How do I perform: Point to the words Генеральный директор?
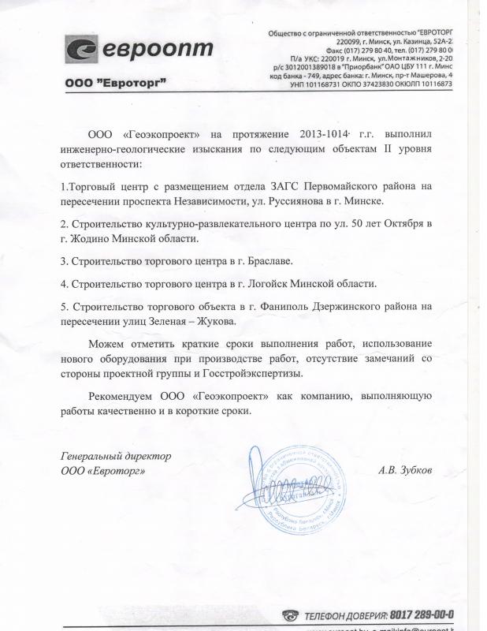coord(116,457)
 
